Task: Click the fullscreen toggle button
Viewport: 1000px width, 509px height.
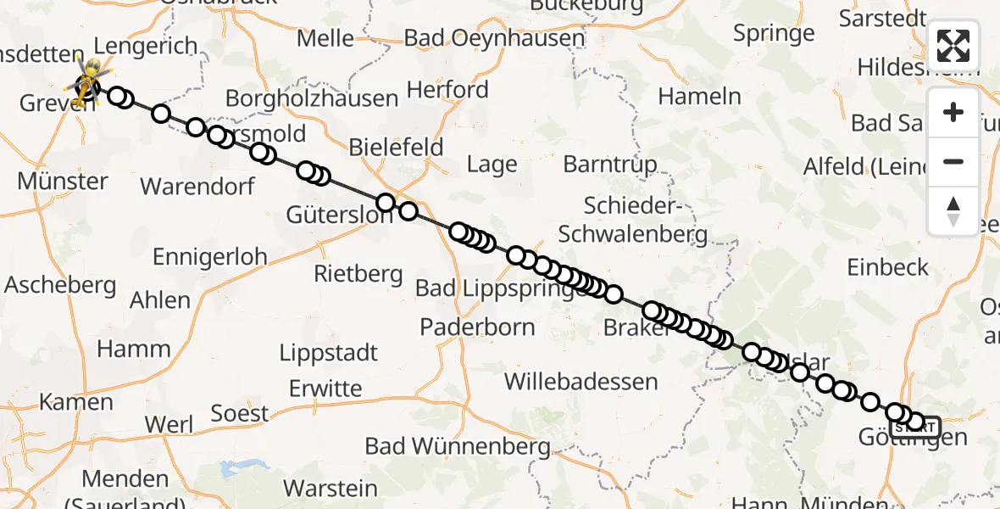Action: [x=953, y=46]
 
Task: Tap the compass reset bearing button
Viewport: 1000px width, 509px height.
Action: [x=953, y=210]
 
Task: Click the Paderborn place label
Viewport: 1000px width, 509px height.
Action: [x=478, y=327]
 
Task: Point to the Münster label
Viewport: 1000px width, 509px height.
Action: [x=63, y=182]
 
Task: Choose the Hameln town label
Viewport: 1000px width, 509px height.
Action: [x=699, y=97]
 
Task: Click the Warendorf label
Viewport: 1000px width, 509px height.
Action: [x=197, y=187]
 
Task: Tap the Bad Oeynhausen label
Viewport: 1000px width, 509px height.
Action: [x=494, y=38]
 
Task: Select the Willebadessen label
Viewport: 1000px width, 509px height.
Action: [x=581, y=382]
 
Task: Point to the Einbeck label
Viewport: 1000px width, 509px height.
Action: [x=888, y=267]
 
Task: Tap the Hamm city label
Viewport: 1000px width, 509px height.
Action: [x=134, y=349]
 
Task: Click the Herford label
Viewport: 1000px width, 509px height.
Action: [x=447, y=90]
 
